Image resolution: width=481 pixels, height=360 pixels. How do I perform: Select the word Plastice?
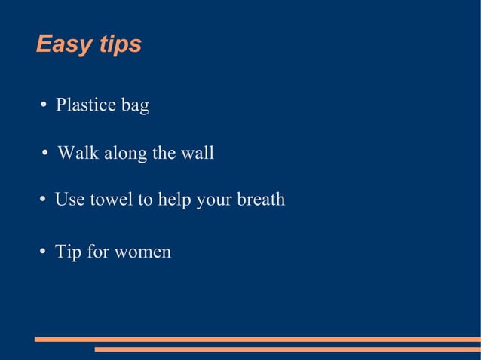point(84,105)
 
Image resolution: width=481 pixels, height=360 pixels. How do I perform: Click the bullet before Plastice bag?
point(44,105)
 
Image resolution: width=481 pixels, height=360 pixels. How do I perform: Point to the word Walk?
point(78,154)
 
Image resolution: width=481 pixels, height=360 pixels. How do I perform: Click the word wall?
point(198,154)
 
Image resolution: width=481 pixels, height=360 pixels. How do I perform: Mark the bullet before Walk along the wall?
point(46,153)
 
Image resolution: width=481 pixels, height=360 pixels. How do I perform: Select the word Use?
point(70,200)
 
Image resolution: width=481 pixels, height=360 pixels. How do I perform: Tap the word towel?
point(111,200)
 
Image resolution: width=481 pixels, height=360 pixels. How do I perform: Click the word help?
point(175,200)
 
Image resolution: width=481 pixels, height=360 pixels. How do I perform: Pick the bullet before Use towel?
point(44,199)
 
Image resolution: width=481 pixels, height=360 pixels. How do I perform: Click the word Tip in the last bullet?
point(68,252)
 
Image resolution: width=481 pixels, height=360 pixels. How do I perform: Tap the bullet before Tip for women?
point(44,251)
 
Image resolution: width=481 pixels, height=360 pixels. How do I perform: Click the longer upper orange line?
point(257,340)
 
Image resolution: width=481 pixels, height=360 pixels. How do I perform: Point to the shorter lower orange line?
point(287,349)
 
